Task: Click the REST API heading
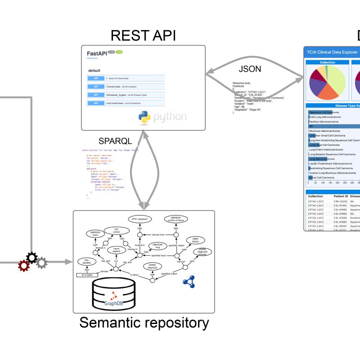click(143, 36)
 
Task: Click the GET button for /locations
click(95, 86)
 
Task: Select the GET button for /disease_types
click(95, 95)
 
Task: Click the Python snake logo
click(144, 117)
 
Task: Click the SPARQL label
click(115, 141)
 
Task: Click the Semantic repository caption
click(144, 323)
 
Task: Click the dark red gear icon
click(23, 266)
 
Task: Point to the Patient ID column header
click(340, 197)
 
